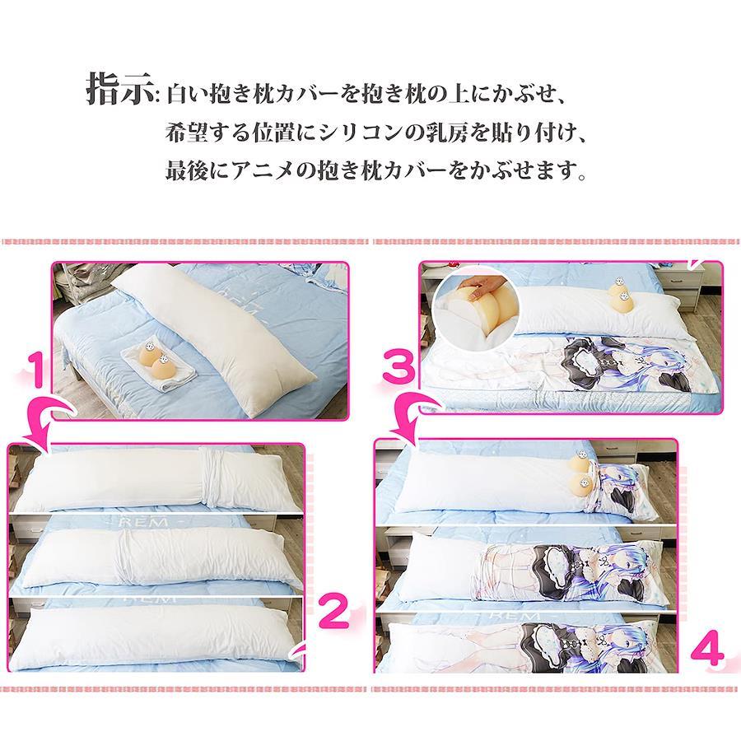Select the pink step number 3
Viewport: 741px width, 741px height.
(x=399, y=369)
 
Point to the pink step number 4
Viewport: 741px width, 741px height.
(x=707, y=651)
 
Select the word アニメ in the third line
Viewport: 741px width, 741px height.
(x=263, y=170)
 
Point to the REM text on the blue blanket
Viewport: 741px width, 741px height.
(x=145, y=523)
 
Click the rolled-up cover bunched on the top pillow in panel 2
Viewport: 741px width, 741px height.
(x=215, y=478)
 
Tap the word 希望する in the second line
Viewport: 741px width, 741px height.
(x=207, y=133)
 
